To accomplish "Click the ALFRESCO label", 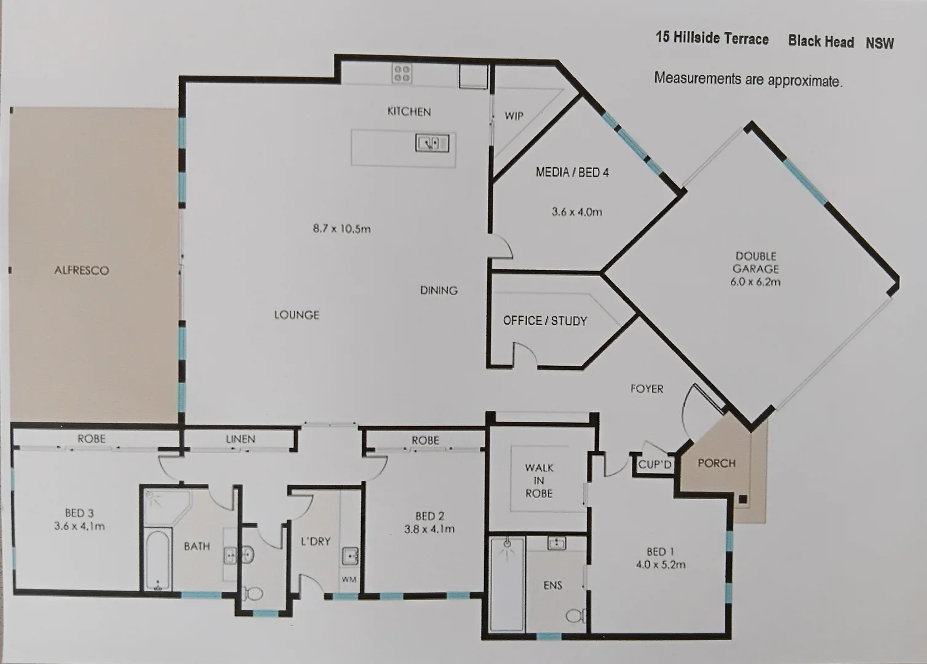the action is (82, 271).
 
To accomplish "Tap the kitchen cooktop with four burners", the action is (402, 74).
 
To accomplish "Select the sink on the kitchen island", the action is (432, 143).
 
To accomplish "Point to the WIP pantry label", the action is (514, 116).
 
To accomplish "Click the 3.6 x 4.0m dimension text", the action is (577, 212).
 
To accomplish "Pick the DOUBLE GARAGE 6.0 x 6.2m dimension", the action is (755, 282).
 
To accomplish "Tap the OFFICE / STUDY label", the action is (545, 321).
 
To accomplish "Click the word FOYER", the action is (647, 389).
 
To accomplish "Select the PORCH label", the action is (717, 464).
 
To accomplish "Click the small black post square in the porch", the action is (743, 499).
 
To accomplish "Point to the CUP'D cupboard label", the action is (654, 465).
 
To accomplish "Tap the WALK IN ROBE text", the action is (539, 480).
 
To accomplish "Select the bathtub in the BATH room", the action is (157, 561).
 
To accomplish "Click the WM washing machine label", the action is (349, 580).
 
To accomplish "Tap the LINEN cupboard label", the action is (241, 439).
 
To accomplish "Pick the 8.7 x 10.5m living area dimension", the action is (342, 229).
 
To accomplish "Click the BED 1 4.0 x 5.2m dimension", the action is (661, 565).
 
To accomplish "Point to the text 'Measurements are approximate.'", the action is (748, 79).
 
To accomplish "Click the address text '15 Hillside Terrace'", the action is (712, 38).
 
